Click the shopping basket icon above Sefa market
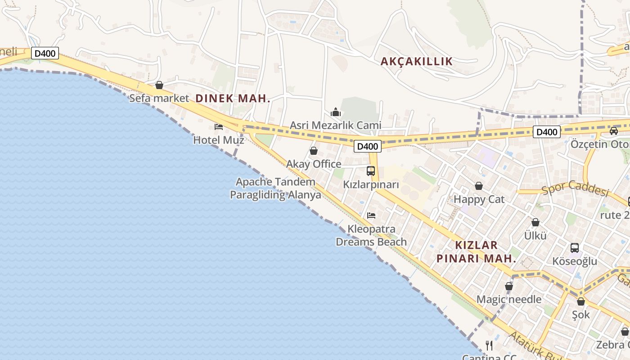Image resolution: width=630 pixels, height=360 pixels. click(159, 85)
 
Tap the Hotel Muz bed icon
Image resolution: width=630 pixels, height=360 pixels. click(219, 126)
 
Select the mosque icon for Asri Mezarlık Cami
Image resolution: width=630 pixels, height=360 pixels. click(335, 112)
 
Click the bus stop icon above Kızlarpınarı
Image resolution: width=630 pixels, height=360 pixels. click(371, 171)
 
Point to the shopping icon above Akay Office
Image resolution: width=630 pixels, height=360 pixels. click(314, 151)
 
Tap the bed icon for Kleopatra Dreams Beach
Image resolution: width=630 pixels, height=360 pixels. click(371, 215)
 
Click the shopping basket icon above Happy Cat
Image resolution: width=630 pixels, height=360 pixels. click(479, 186)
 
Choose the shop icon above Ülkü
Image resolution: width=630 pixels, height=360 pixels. click(535, 222)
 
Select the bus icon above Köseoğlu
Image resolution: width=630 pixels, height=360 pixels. click(575, 247)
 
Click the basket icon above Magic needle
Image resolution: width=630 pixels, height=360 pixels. click(509, 286)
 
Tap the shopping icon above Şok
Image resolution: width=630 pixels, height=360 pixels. click(581, 301)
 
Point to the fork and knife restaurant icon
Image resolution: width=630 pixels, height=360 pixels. click(489, 345)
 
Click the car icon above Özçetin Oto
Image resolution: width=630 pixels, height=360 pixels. click(613, 131)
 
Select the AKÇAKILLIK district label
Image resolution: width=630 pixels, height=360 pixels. click(416, 62)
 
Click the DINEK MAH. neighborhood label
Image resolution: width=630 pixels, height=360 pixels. click(233, 99)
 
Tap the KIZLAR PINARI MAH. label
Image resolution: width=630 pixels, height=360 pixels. click(477, 252)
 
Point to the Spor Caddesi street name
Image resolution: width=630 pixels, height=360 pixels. click(575, 188)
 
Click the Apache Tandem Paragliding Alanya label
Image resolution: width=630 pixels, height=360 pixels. click(275, 189)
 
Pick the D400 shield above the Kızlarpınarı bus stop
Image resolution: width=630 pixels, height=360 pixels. click(368, 146)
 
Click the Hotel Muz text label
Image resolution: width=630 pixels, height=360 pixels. click(219, 140)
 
